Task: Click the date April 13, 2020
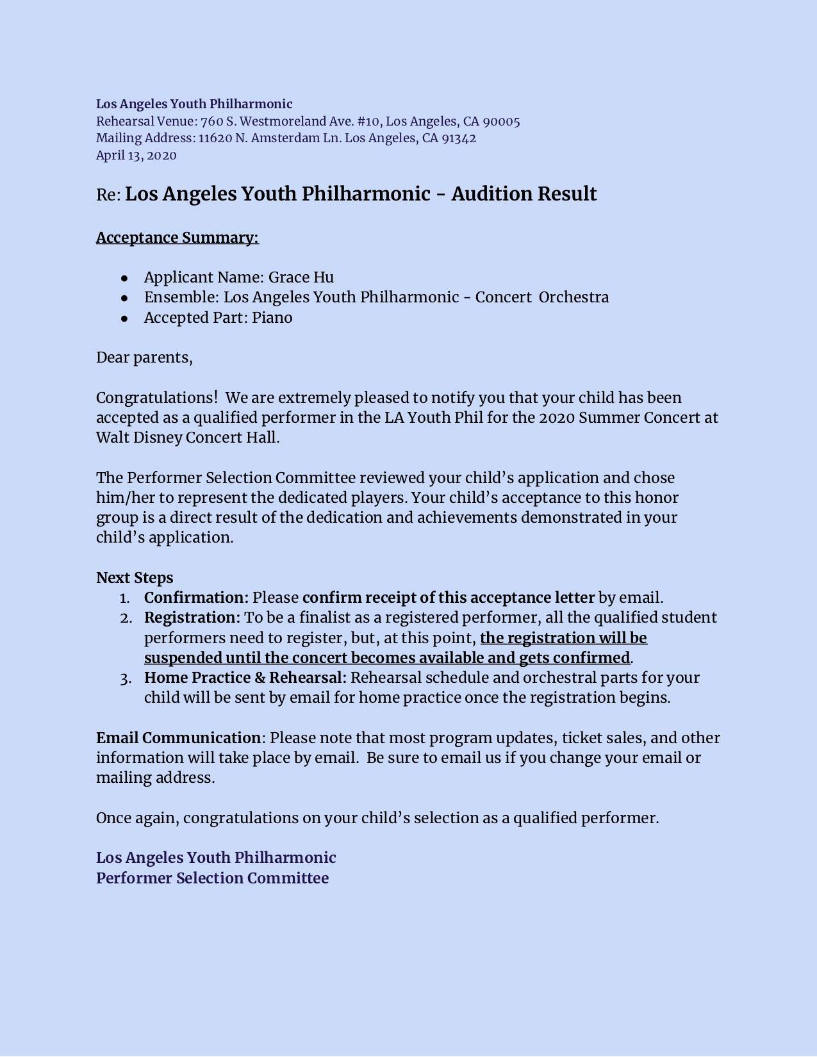(x=136, y=156)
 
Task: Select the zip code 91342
(x=459, y=138)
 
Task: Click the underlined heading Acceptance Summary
(x=177, y=238)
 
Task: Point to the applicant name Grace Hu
(x=301, y=277)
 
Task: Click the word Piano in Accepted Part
(x=272, y=318)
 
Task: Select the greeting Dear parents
(x=144, y=357)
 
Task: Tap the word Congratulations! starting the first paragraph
(x=157, y=398)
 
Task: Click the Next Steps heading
(x=135, y=578)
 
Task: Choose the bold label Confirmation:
(x=196, y=598)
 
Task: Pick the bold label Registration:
(x=192, y=618)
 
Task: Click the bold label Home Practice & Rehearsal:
(x=245, y=678)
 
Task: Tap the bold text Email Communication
(x=178, y=738)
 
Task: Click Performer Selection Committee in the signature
(x=212, y=878)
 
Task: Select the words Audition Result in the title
(x=524, y=194)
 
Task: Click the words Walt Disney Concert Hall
(x=188, y=438)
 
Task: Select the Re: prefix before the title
(x=108, y=195)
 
